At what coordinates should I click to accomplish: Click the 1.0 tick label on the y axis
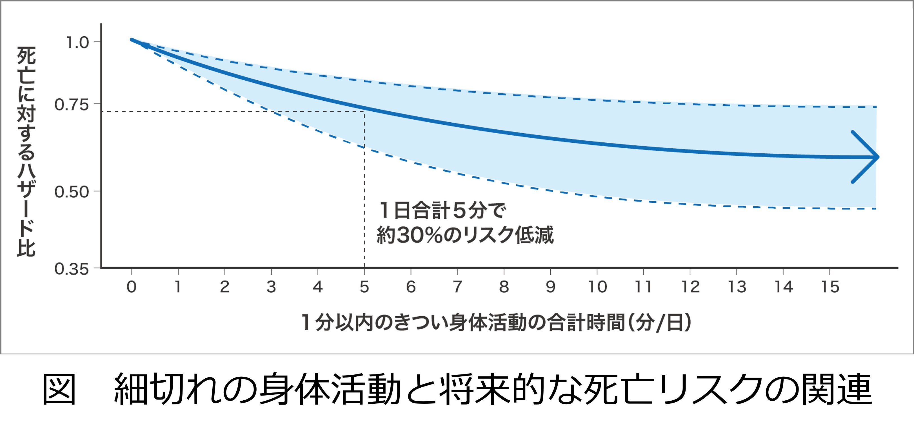[x=77, y=42]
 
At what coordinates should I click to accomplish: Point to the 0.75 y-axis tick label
[x=71, y=105]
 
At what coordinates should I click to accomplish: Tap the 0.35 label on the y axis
[x=71, y=269]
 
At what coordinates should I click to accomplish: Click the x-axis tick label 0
[x=132, y=287]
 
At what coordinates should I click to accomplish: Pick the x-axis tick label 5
[x=364, y=287]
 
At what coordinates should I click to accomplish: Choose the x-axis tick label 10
[x=597, y=287]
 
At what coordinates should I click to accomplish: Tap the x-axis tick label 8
[x=504, y=287]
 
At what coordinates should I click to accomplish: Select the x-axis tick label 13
[x=737, y=287]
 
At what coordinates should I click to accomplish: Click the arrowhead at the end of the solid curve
[x=868, y=157]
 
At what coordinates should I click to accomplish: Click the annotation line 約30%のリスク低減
[x=465, y=235]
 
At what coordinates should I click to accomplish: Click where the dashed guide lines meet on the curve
[x=364, y=111]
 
